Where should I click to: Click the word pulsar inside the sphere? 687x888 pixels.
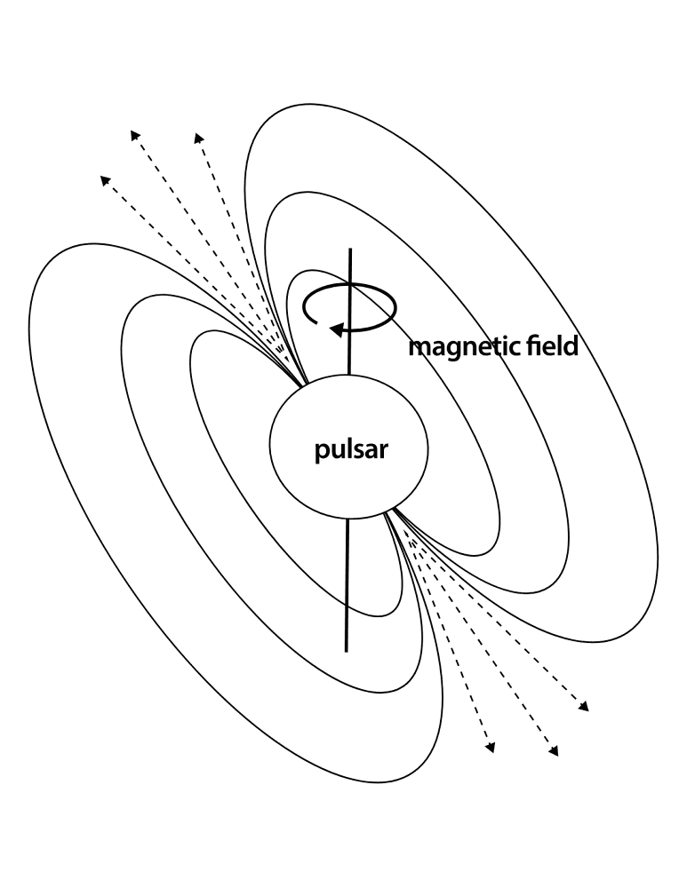tap(351, 449)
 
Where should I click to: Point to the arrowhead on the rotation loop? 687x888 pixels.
tap(337, 329)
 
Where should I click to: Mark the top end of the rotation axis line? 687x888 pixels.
tap(351, 249)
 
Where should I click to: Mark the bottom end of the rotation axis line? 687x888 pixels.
tap(346, 651)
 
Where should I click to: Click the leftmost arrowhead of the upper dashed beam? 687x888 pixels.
tap(105, 180)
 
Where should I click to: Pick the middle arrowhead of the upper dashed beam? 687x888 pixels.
tap(135, 135)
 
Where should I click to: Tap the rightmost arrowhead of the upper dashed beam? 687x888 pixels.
tap(198, 138)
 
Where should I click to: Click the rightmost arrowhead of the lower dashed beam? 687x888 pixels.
tap(584, 706)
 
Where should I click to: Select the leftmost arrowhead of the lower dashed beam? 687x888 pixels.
tap(491, 748)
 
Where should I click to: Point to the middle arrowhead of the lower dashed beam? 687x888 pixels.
tap(554, 750)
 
